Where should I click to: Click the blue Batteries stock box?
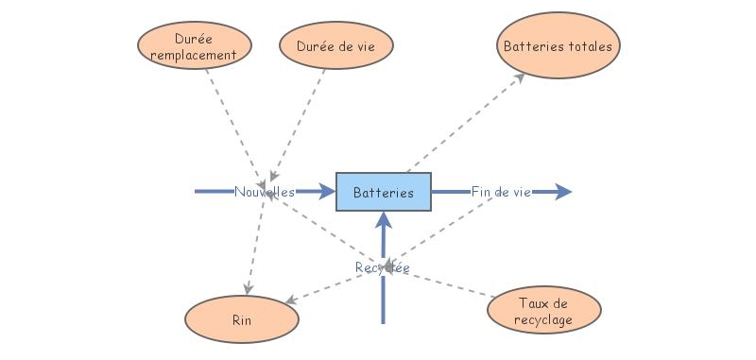(x=384, y=192)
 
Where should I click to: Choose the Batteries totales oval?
(x=558, y=45)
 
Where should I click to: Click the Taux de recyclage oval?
(x=544, y=311)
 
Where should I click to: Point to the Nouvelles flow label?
(x=265, y=192)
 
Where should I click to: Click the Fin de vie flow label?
(x=501, y=192)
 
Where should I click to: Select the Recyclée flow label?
(x=383, y=268)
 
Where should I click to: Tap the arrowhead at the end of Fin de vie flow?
(x=564, y=192)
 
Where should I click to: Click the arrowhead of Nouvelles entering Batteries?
(x=328, y=192)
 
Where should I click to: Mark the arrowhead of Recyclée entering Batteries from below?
(x=384, y=220)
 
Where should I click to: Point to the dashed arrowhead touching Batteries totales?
(x=520, y=77)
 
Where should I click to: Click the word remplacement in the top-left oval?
(x=194, y=55)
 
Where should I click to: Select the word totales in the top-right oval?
(x=589, y=45)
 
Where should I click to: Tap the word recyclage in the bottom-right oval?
(x=544, y=318)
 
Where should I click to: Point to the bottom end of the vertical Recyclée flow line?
(x=384, y=322)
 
